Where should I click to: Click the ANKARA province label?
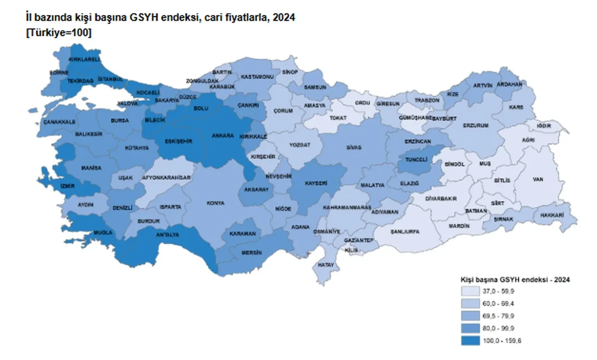point(222,136)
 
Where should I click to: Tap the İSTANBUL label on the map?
point(111,79)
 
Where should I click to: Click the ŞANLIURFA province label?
point(405,231)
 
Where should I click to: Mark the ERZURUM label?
point(476,125)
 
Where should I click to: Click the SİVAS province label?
point(354,147)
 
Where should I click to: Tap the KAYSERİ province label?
point(316,183)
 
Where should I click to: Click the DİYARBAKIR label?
point(441,199)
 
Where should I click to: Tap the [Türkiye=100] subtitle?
point(58,33)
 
